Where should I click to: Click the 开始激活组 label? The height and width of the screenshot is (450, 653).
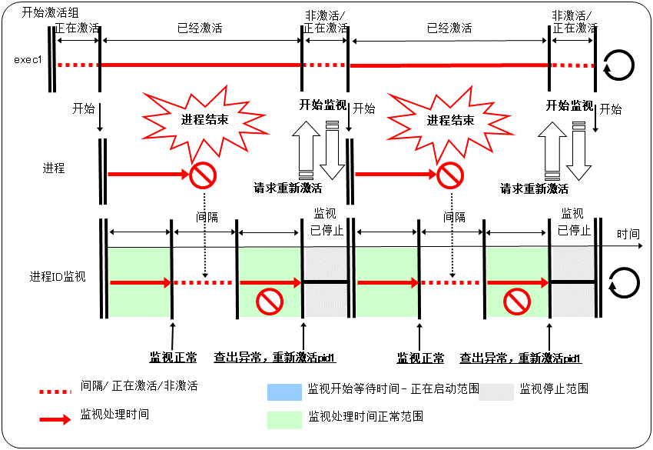(41, 12)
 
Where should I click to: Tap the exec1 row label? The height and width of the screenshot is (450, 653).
(28, 59)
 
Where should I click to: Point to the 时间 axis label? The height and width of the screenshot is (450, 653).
(628, 233)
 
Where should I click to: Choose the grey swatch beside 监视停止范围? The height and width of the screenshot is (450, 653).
(496, 391)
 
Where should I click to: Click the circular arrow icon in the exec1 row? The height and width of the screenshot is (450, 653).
(619, 65)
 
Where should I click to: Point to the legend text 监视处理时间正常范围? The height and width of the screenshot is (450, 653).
(366, 417)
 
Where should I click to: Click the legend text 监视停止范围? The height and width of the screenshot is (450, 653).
(554, 389)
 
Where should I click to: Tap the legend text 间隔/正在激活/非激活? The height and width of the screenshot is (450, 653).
(139, 386)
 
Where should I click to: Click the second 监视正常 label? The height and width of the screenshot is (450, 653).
(420, 358)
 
